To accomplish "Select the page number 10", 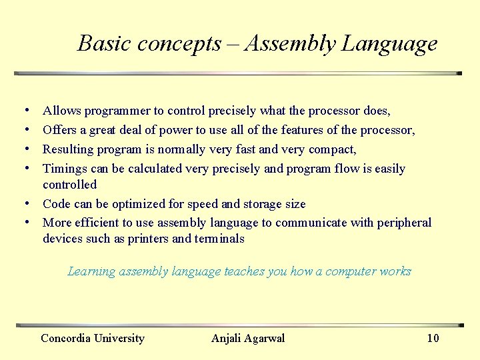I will tap(433, 338).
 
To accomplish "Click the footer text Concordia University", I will tap(93, 338).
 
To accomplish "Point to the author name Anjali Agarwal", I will tap(248, 338).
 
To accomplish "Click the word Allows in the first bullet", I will tap(61, 111).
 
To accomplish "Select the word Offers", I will tap(60, 130).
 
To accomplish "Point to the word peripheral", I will tap(404, 223).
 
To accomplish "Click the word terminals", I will tap(219, 239).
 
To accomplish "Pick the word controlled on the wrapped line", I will tap(69, 185).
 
